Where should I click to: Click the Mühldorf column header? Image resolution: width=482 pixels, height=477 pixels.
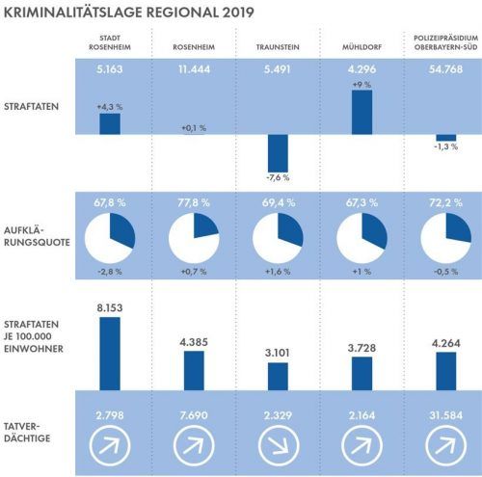coord(361,47)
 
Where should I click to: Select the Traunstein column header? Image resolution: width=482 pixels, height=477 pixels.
coord(278,47)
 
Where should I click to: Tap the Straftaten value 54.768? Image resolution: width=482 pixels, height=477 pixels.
coord(445,69)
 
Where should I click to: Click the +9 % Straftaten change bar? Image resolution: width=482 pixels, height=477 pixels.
coord(361,112)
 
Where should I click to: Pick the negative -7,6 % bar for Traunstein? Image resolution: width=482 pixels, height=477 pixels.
coord(278,153)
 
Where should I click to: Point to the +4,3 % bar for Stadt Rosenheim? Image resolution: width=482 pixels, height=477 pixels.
coord(110,123)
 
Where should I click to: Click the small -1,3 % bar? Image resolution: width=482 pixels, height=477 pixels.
coord(446,138)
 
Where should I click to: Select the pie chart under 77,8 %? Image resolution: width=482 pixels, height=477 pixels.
coord(194,238)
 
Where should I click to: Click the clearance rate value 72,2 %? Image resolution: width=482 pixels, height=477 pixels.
coord(445,202)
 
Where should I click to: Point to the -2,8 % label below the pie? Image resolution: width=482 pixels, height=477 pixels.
coord(110,272)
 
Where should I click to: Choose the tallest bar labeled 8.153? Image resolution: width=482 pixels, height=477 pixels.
coord(110,354)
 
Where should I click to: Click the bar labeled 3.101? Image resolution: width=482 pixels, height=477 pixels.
coord(278,377)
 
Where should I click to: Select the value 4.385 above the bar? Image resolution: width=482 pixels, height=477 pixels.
coord(194,342)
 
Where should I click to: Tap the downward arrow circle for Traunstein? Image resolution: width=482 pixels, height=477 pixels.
coord(279,445)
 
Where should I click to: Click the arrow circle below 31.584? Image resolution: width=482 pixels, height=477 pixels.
coord(445,445)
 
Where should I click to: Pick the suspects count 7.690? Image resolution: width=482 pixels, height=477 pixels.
coord(194,415)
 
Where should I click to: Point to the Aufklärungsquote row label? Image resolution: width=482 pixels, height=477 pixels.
coord(37,236)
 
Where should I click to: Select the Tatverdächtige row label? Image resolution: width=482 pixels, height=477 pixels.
coord(27,433)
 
